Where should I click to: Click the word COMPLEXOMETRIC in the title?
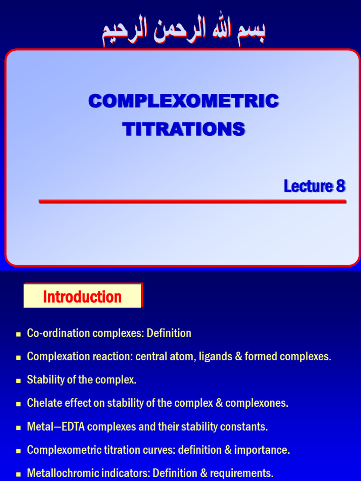point(184,101)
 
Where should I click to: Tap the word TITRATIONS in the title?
point(184,129)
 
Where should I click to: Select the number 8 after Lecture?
point(341,186)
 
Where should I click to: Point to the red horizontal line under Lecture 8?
point(192,201)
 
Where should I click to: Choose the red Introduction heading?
point(82,297)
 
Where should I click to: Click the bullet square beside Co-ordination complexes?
point(18,334)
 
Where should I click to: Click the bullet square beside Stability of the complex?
point(18,380)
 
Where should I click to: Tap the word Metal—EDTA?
point(56,427)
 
